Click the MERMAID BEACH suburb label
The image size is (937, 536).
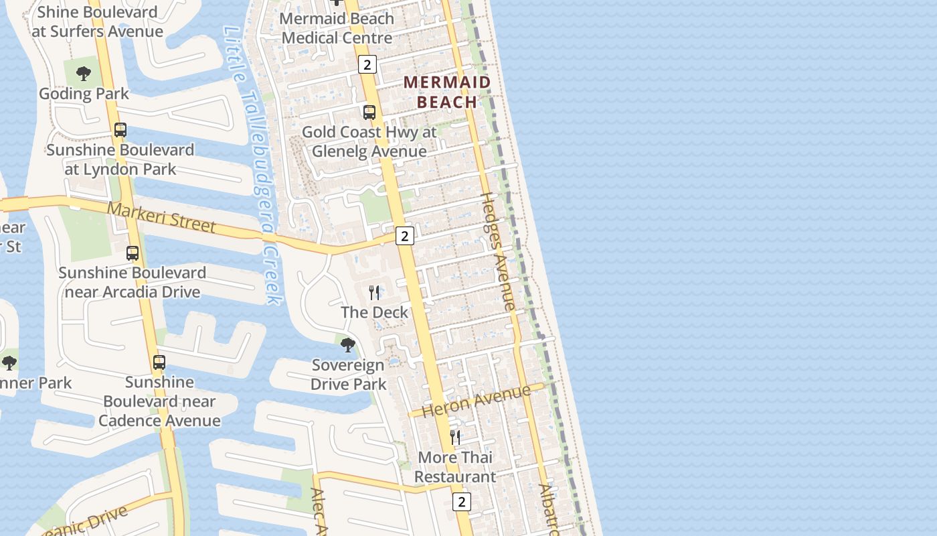pos(447,92)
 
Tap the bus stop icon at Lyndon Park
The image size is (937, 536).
pos(120,130)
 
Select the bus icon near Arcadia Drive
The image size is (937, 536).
pos(133,253)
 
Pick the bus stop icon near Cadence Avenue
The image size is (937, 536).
pos(159,362)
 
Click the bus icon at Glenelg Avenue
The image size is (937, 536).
pos(369,113)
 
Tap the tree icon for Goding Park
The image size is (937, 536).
pos(84,74)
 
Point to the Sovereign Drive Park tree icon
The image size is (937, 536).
pos(348,345)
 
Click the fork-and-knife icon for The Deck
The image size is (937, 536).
pos(374,293)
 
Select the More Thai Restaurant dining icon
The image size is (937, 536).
pos(455,438)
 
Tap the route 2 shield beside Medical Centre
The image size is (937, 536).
pos(367,64)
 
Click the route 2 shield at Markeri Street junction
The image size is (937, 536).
pos(404,236)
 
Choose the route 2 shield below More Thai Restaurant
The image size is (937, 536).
pos(461,501)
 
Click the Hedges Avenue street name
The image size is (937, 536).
pos(499,251)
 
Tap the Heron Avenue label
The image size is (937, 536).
pos(477,400)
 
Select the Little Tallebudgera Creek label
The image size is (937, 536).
pos(254,164)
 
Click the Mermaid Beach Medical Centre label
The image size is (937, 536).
pos(337,28)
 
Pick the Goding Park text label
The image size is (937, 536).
pos(84,93)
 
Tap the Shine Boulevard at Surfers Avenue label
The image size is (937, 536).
pos(97,21)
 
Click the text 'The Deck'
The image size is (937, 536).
pos(374,312)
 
